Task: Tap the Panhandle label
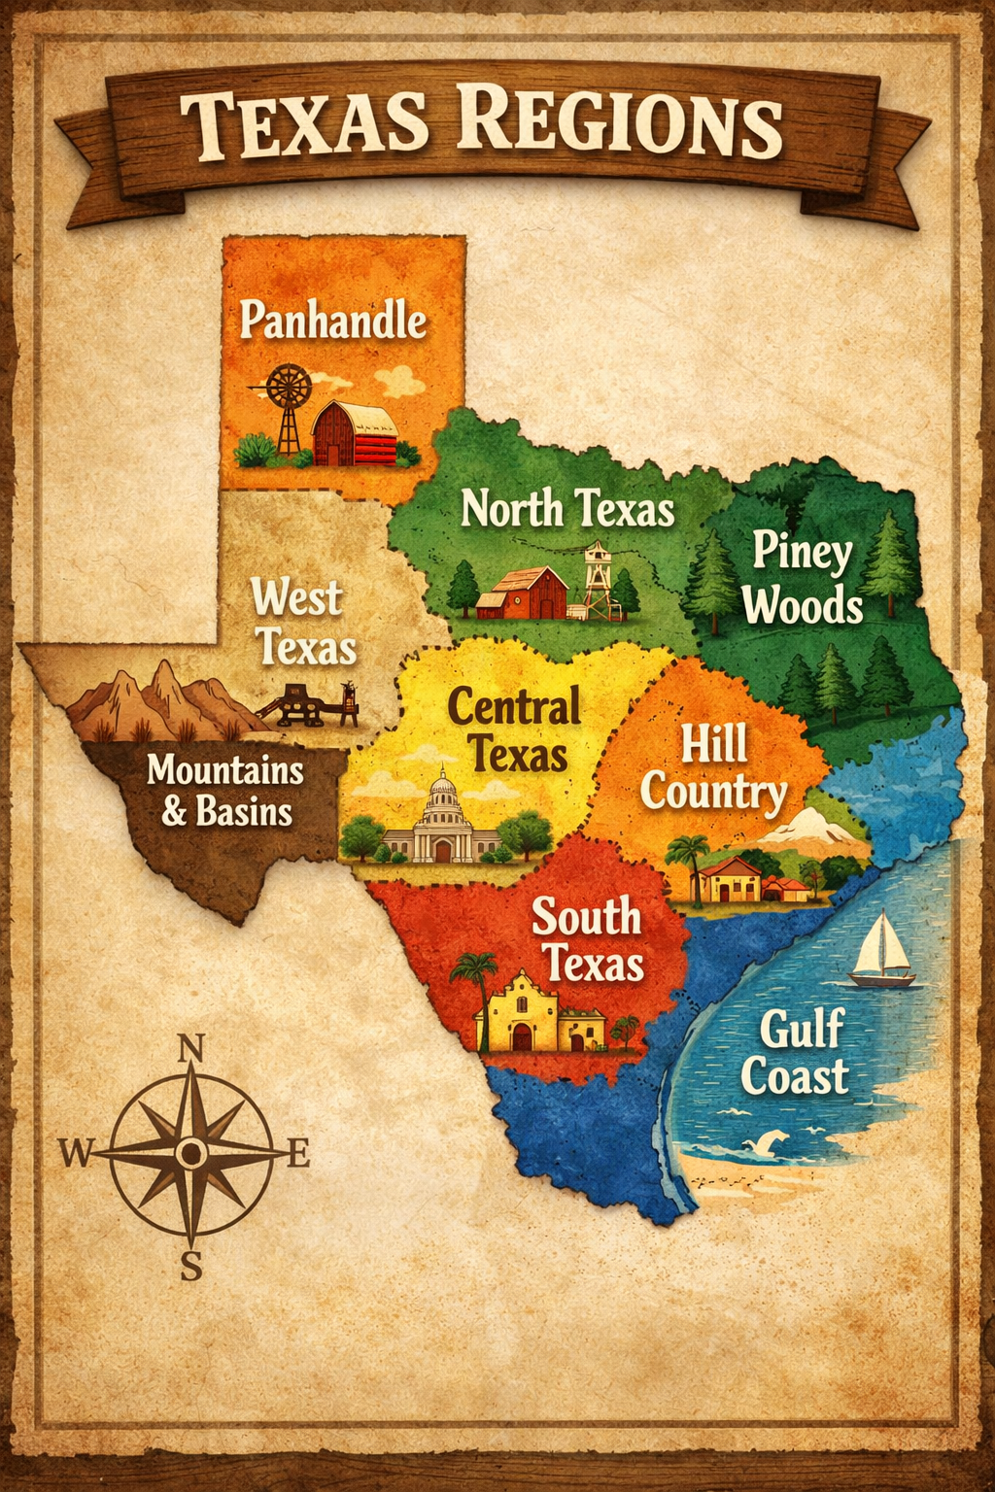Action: click(x=333, y=320)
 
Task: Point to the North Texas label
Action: click(x=567, y=509)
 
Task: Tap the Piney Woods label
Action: click(x=803, y=579)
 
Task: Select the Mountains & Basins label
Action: click(x=226, y=790)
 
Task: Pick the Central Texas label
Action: click(x=515, y=729)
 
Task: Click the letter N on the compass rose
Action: click(x=192, y=1048)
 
